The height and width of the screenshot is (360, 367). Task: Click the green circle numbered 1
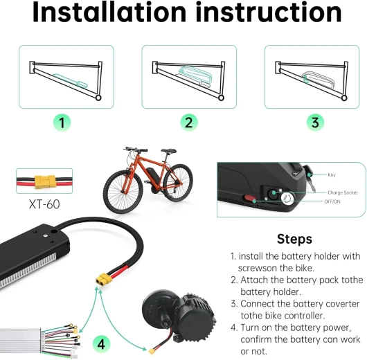pos(62,123)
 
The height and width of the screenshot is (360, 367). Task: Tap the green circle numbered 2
pos(189,123)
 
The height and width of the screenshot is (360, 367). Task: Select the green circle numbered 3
pos(315,123)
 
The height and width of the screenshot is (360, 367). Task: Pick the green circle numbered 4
pos(101,344)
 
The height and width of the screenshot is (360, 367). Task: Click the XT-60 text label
pos(44,204)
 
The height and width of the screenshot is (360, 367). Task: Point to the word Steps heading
pos(294,240)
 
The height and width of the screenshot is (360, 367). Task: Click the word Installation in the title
pos(109,12)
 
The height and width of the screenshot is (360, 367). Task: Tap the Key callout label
pos(332,175)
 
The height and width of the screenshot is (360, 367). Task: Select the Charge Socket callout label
pos(343,192)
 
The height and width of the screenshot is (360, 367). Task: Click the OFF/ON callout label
pos(332,201)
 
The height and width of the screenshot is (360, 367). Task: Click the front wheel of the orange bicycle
pos(123,192)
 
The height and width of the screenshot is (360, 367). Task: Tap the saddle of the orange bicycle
pos(168,151)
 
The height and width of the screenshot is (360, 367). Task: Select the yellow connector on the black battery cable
pos(104,279)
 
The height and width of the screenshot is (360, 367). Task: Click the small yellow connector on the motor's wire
pos(152,351)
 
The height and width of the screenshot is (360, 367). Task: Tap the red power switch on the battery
pos(250,199)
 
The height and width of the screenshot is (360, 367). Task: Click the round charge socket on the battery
pos(273,194)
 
